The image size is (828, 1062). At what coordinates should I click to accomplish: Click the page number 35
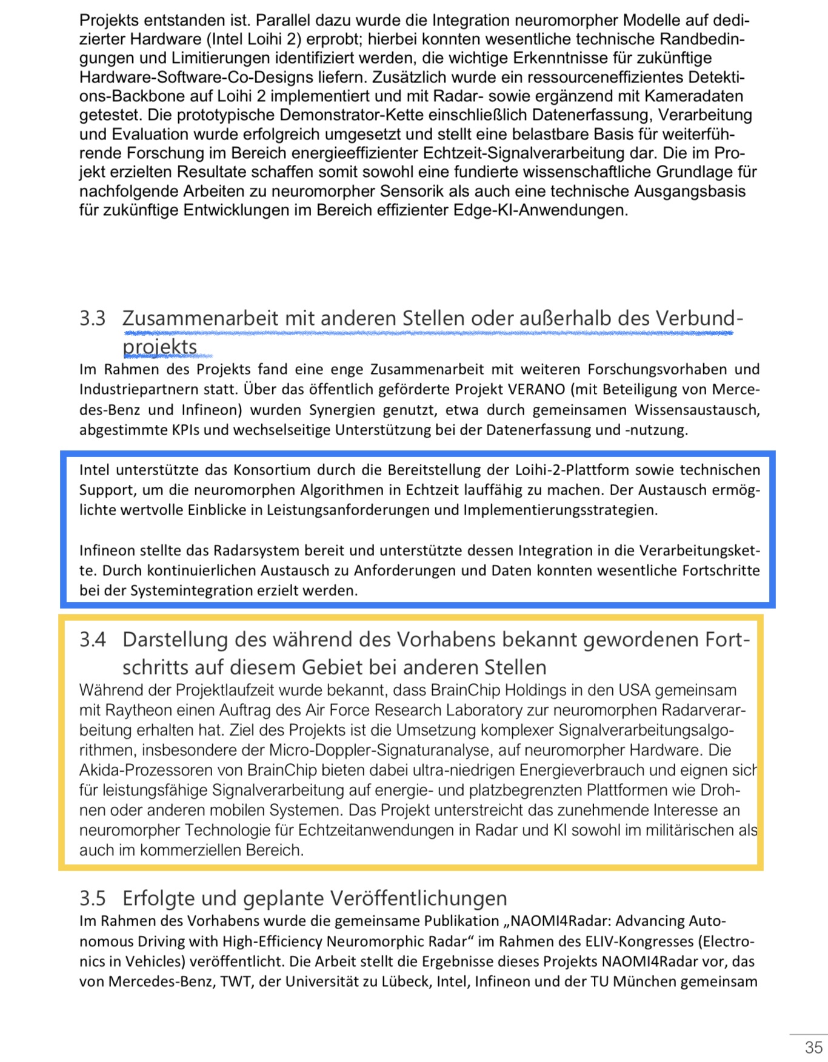point(813,1047)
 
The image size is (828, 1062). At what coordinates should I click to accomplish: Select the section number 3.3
point(92,318)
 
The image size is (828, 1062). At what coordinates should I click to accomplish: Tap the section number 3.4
point(92,640)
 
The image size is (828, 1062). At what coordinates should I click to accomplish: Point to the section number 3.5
point(92,898)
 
